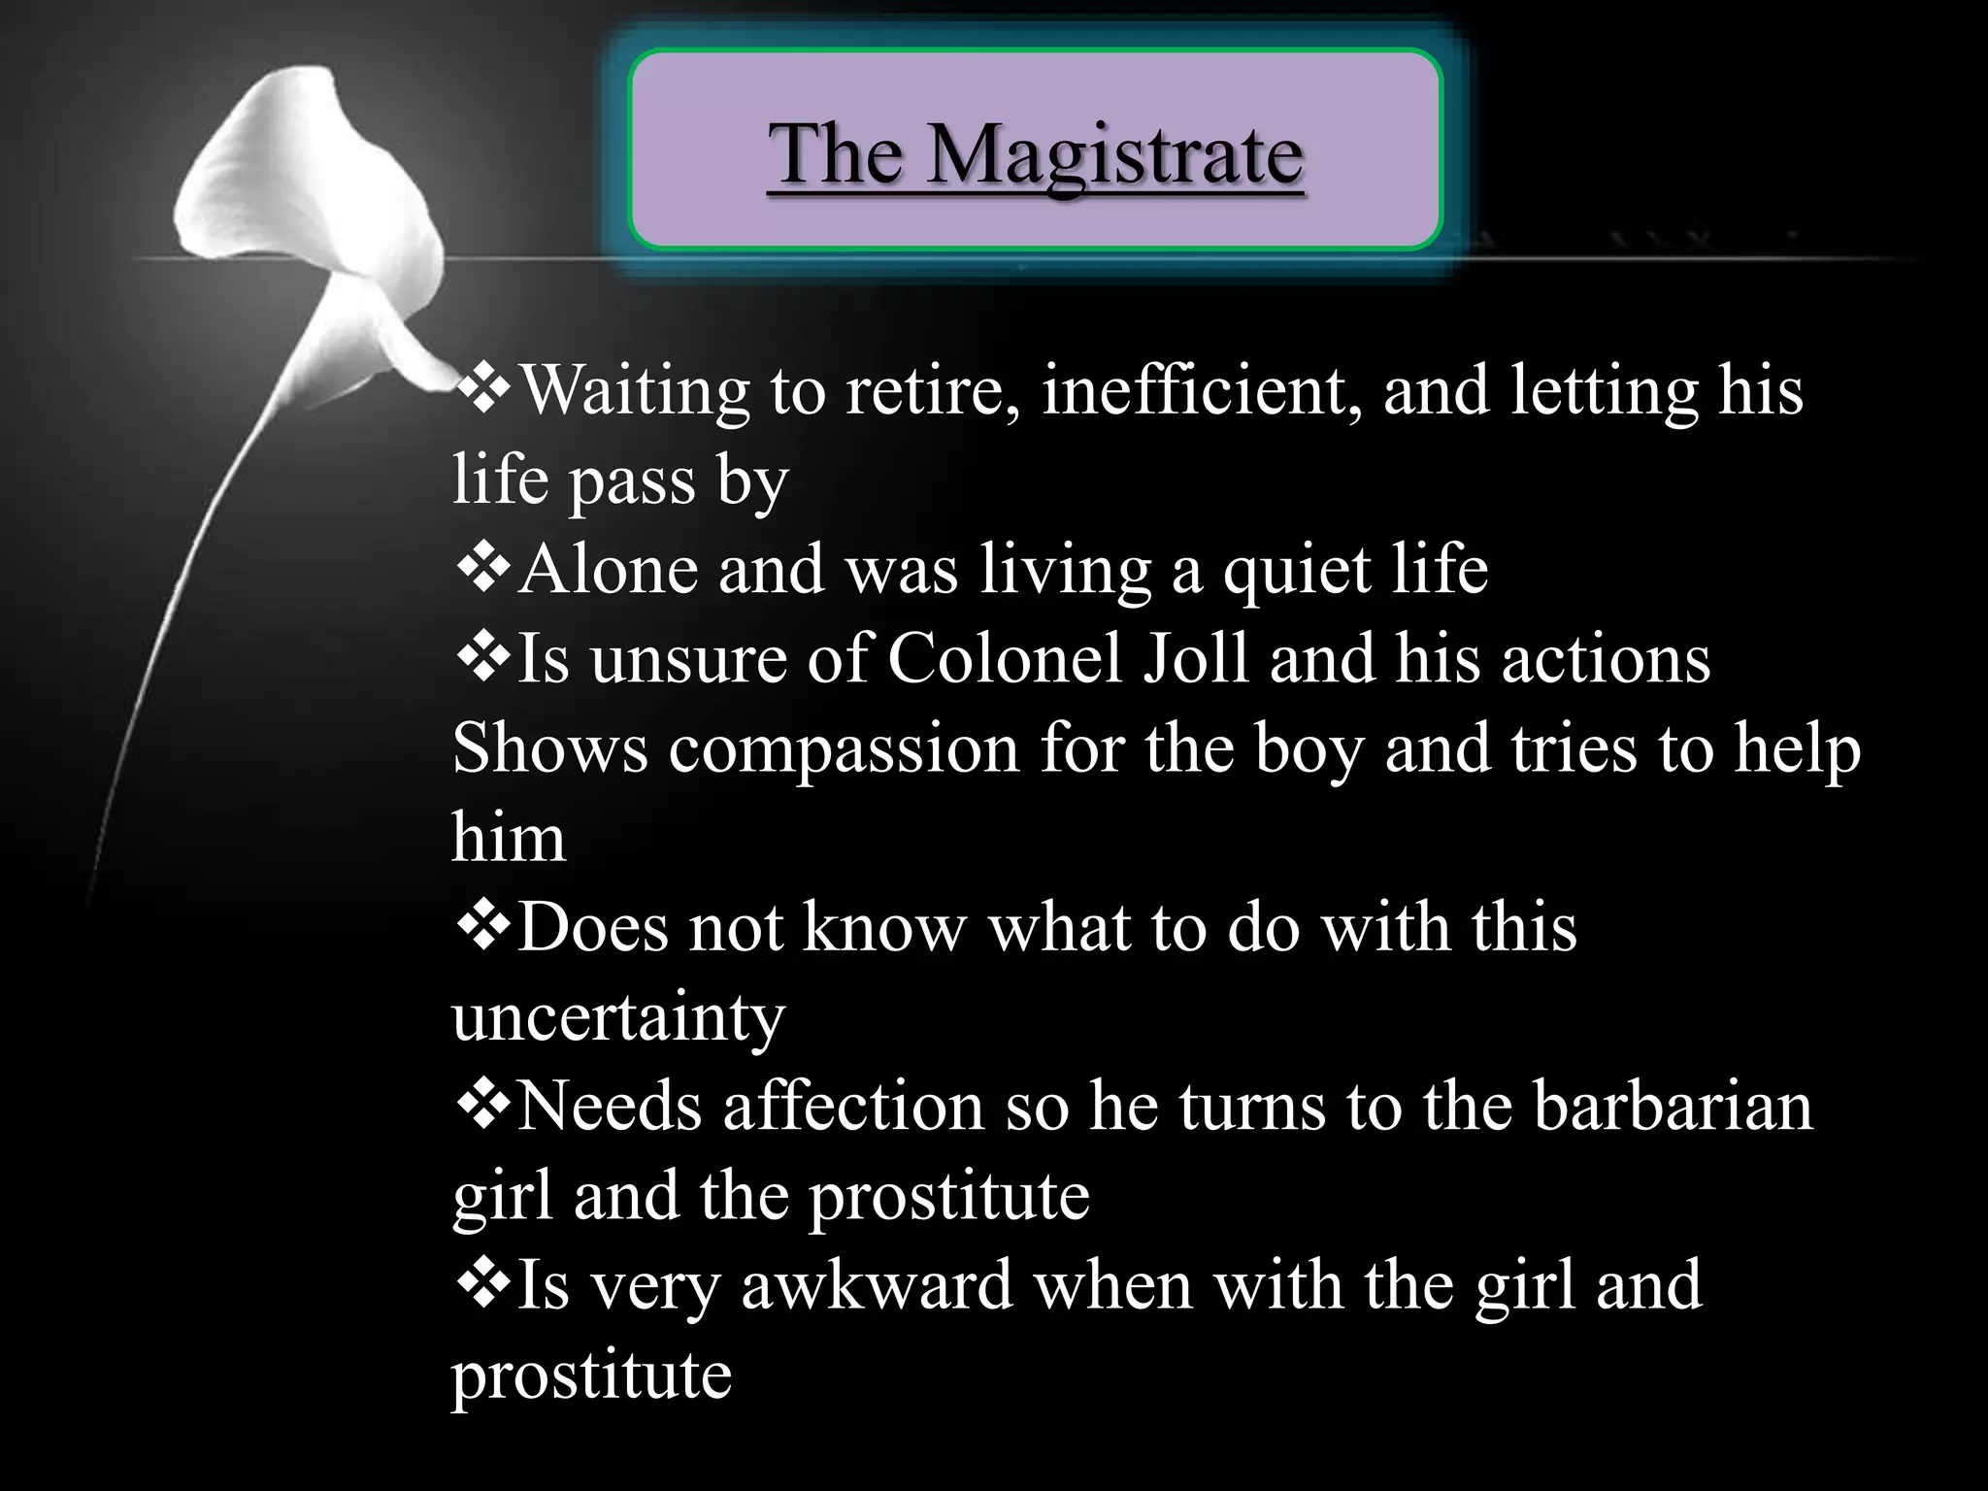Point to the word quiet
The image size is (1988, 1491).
pyautogui.click(x=1297, y=571)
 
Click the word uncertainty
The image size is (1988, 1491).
pyautogui.click(x=618, y=1017)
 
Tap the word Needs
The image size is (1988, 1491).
pyautogui.click(x=608, y=1106)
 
